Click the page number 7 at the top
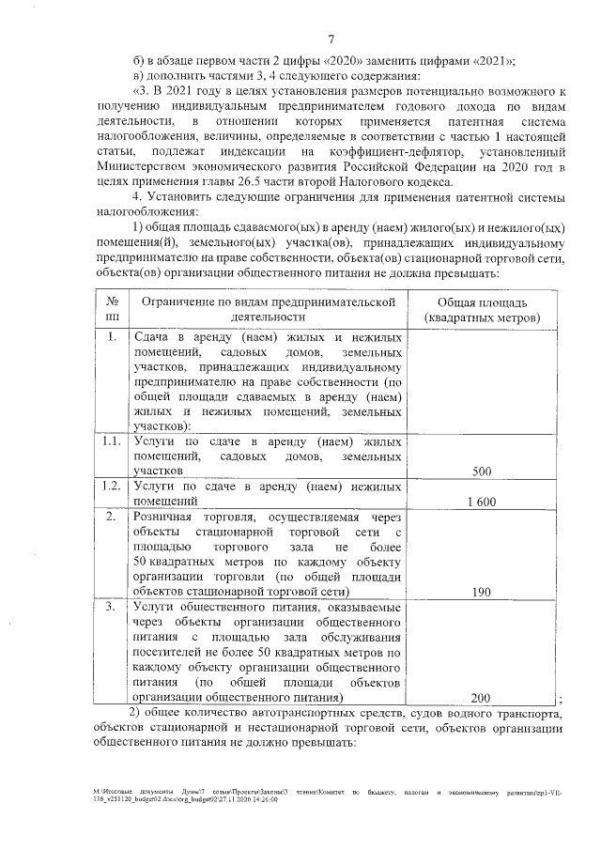(x=331, y=39)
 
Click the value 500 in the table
(x=481, y=471)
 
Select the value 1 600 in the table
(x=481, y=502)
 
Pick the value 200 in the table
(x=481, y=698)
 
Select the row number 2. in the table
(x=112, y=517)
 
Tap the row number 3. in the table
(x=112, y=607)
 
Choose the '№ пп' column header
(x=112, y=310)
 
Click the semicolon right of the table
(x=560, y=700)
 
